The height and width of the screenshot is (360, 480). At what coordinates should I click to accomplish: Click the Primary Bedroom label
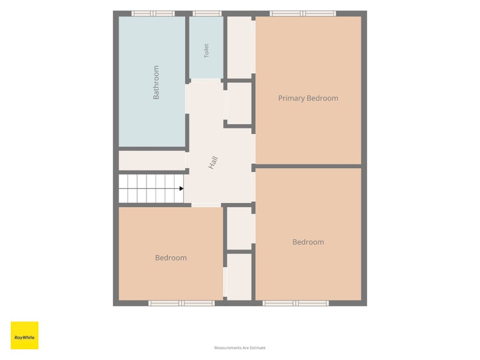[x=308, y=98]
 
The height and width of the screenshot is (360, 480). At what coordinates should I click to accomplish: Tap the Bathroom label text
[x=156, y=82]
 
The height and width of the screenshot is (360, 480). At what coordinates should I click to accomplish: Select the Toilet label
[x=206, y=50]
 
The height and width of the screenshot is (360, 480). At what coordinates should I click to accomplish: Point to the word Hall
[x=213, y=162]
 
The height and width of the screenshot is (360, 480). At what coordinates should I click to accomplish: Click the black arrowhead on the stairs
[x=182, y=188]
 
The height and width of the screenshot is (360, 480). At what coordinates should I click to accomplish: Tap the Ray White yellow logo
[x=25, y=335]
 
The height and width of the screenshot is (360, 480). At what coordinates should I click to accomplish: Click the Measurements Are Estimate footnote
[x=239, y=348]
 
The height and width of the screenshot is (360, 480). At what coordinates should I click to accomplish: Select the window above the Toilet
[x=206, y=13]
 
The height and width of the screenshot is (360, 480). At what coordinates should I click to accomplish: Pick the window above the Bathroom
[x=153, y=13]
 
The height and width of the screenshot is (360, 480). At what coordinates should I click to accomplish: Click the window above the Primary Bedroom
[x=303, y=13]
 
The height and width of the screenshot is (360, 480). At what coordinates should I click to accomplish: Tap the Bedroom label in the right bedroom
[x=308, y=242]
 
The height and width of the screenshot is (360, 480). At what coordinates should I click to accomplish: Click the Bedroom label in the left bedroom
[x=171, y=258]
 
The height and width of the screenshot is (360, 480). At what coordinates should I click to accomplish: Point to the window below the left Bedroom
[x=182, y=303]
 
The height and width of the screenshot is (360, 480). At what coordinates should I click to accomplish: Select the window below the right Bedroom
[x=296, y=303]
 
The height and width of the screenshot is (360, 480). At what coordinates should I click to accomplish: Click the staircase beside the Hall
[x=151, y=188]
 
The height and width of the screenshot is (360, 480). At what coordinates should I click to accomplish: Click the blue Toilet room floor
[x=206, y=47]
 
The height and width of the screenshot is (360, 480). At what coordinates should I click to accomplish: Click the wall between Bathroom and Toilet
[x=187, y=49]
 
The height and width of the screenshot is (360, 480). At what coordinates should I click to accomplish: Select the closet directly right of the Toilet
[x=239, y=47]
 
